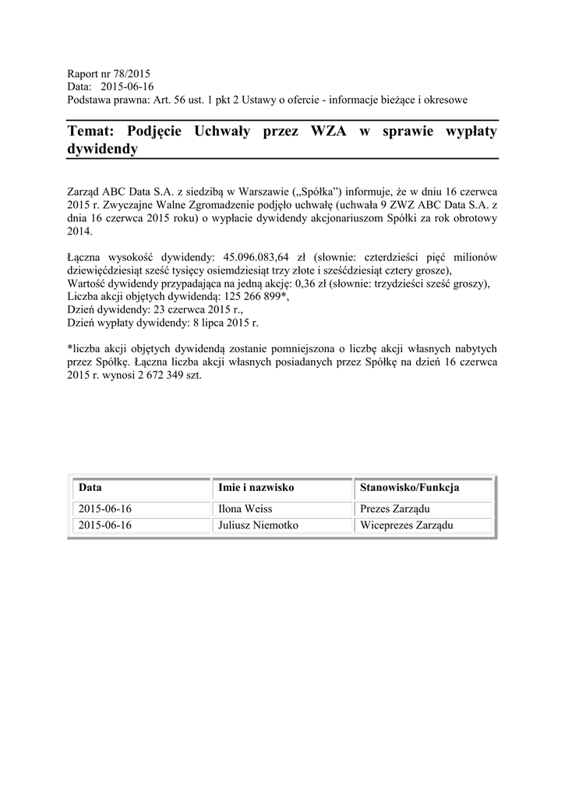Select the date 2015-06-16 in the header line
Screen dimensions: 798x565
128,87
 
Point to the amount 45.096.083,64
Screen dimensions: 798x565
257,256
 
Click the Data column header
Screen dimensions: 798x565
90,488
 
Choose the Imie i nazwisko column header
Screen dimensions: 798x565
256,488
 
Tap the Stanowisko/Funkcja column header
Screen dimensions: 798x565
409,488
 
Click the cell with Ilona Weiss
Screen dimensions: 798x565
245,509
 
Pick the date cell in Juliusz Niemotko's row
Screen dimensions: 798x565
105,526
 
